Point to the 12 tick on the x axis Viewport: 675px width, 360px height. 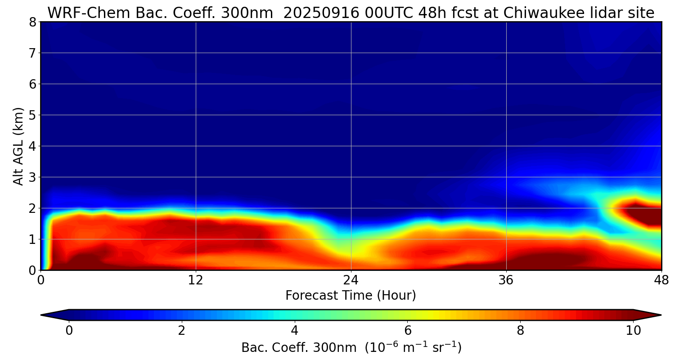pyautogui.click(x=196, y=279)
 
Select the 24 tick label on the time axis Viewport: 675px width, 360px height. pyautogui.click(x=351, y=279)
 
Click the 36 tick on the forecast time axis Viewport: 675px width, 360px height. pyautogui.click(x=506, y=279)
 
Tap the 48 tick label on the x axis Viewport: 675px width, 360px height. pyautogui.click(x=661, y=279)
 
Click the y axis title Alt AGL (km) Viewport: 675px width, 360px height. pyautogui.click(x=18, y=146)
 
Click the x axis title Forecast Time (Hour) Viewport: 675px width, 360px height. pyautogui.click(x=351, y=296)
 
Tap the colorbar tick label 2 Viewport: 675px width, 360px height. pyautogui.click(x=182, y=331)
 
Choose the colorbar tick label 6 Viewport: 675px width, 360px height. pyautogui.click(x=408, y=331)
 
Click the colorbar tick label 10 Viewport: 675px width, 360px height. pyautogui.click(x=633, y=331)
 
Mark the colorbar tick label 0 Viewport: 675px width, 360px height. pyautogui.click(x=69, y=331)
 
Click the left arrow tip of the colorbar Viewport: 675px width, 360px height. pyautogui.click(x=42, y=315)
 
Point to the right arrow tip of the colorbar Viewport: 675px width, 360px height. pyautogui.click(x=660, y=315)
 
